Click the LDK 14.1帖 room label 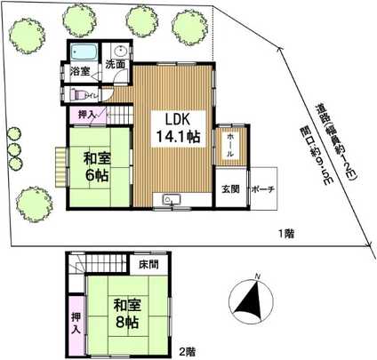click(172, 127)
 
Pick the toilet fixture click(82, 92)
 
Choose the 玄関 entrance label click(229, 190)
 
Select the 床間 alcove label click(148, 265)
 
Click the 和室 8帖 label click(126, 312)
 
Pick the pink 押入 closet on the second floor click(76, 317)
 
